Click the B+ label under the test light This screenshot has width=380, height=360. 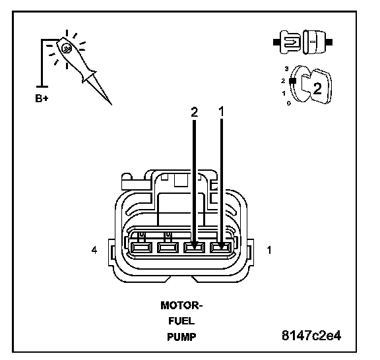(x=42, y=98)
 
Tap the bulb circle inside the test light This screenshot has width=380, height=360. (x=67, y=49)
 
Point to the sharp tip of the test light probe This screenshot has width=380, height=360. (x=111, y=104)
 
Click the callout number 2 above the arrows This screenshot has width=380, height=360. (x=194, y=112)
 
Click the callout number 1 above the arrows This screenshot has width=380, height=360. (x=221, y=111)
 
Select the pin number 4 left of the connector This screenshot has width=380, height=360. (x=94, y=250)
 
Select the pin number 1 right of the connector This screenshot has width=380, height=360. (x=269, y=250)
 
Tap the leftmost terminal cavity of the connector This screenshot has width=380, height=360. (x=141, y=248)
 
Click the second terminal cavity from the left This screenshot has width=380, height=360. (x=168, y=248)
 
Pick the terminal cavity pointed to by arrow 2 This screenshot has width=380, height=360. (x=195, y=248)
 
